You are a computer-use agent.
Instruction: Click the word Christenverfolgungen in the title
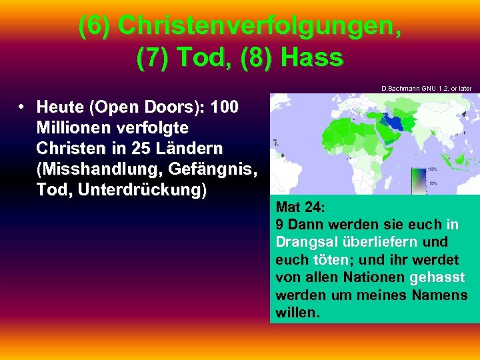(259, 27)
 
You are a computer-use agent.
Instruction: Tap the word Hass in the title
(312, 58)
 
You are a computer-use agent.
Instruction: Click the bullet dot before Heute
(22, 107)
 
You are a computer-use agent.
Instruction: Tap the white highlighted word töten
(327, 259)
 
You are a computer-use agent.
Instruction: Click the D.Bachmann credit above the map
(426, 88)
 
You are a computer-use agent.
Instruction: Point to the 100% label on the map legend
(432, 169)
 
